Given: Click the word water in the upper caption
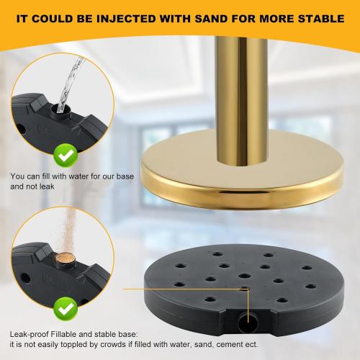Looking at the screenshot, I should (78, 176).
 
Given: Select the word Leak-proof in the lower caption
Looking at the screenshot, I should (30, 334).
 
